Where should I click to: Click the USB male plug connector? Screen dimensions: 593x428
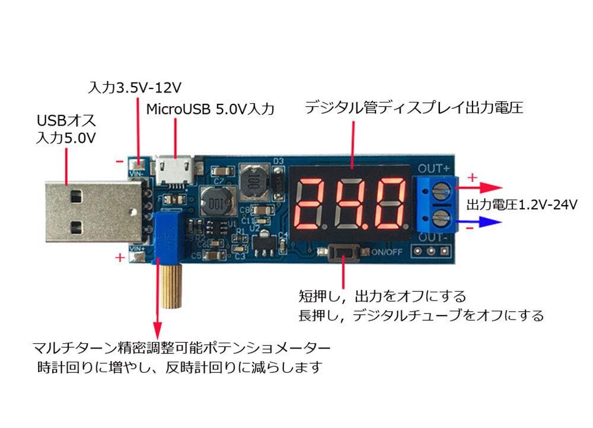coord(89,210)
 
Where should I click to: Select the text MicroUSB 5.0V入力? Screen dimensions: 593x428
coord(210,109)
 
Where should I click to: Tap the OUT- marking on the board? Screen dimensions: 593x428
coord(436,238)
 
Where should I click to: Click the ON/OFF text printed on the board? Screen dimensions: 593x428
coord(387,251)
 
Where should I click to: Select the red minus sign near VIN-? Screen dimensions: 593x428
coord(119,161)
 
